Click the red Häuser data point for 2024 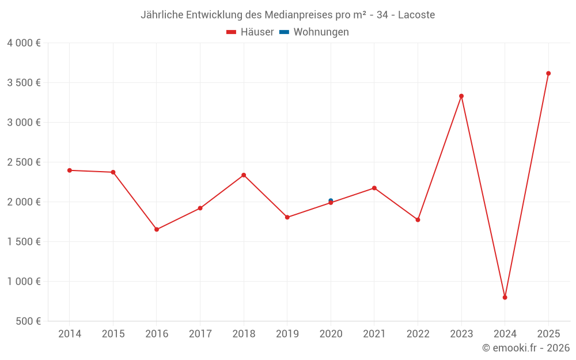[x=505, y=297]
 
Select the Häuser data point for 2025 [x=548, y=73]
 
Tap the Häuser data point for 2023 [x=461, y=96]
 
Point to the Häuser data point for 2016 [x=157, y=229]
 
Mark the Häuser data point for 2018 [x=244, y=175]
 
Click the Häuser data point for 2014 [x=70, y=170]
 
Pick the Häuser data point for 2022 [x=418, y=220]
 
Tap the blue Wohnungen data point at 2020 [x=331, y=200]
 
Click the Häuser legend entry [x=250, y=32]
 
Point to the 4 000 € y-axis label [x=24, y=43]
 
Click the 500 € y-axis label [x=28, y=321]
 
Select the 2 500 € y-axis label [x=24, y=162]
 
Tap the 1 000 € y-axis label [x=24, y=282]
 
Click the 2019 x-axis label [x=287, y=334]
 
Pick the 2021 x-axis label [x=374, y=334]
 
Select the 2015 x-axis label [x=113, y=334]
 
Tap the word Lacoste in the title [x=416, y=14]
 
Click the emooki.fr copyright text [x=526, y=348]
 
